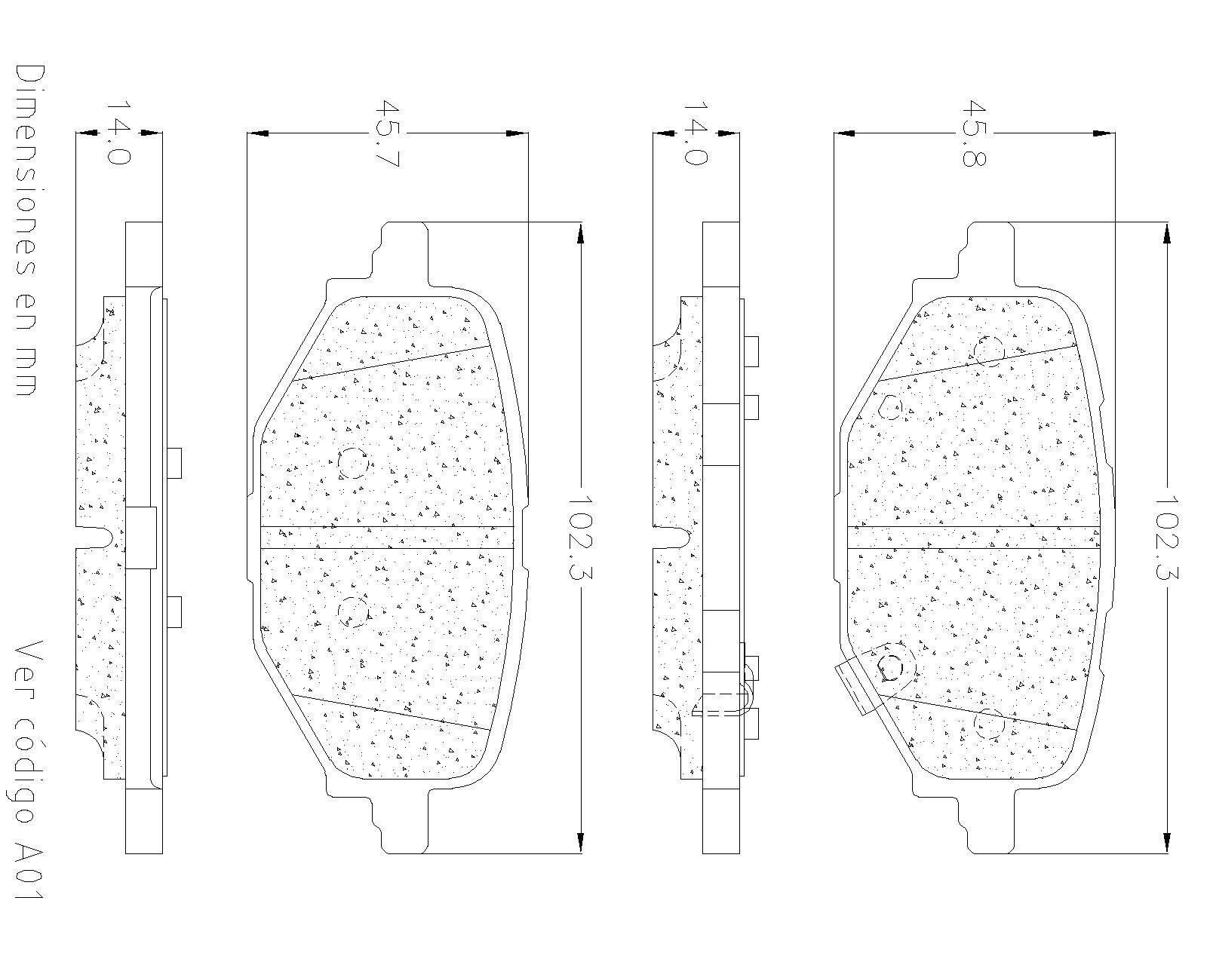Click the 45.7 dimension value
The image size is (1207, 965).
coord(387,133)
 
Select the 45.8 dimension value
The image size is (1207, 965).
coord(974,133)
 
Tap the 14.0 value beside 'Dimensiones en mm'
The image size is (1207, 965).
coord(118,133)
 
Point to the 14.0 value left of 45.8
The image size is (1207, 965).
coord(696,133)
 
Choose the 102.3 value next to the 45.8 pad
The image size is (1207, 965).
coord(1166,538)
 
